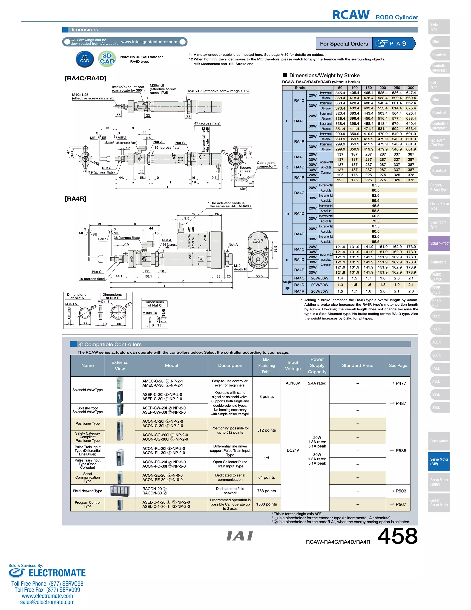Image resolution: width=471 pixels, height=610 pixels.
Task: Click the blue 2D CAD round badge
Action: pos(85,59)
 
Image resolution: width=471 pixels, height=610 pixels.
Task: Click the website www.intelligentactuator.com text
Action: pos(149,42)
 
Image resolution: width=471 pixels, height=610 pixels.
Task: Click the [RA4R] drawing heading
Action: pos(75,199)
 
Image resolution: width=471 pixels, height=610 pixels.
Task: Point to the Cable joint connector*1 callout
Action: pos(267,165)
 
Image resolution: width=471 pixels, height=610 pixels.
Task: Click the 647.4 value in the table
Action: pos(411,93)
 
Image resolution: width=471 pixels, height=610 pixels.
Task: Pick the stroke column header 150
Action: pos(368,88)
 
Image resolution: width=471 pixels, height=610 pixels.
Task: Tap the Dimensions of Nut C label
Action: pos(154,304)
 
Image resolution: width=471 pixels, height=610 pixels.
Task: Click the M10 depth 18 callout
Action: pos(240,267)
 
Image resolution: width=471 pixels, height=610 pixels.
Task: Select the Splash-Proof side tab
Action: pos(439,243)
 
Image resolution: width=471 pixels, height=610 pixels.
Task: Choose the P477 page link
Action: pos(398,383)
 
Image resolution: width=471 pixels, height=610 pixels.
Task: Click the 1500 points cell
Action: pos(267,504)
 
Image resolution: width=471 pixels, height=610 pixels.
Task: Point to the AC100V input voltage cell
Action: pos(293,383)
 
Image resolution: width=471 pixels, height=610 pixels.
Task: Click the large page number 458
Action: pos(397,536)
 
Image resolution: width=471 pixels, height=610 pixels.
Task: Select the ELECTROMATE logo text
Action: pos(57,573)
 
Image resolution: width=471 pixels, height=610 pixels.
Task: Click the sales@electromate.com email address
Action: pos(47,602)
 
